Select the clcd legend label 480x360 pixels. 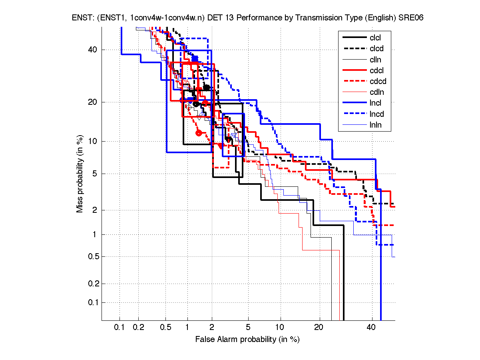pyautogui.click(x=376, y=49)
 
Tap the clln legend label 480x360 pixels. pyautogui.click(x=376, y=60)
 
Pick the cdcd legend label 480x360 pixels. pyautogui.click(x=378, y=82)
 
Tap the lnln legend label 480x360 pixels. pyautogui.click(x=376, y=125)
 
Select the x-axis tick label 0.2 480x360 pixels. pyautogui.click(x=139, y=328)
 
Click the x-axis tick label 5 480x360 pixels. pyautogui.click(x=248, y=328)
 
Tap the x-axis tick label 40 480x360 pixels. pyautogui.click(x=371, y=328)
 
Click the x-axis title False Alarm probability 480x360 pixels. pyautogui.click(x=247, y=340)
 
